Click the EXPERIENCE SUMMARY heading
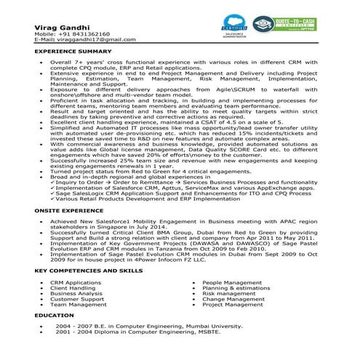[73, 53]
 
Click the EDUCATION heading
[54, 316]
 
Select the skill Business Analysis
[76, 293]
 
